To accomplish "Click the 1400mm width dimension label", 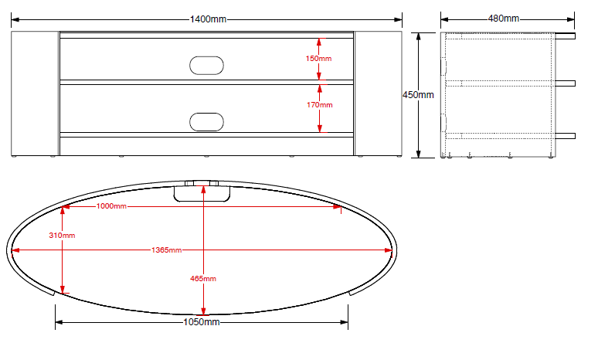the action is point(209,19).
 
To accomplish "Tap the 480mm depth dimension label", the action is point(504,19).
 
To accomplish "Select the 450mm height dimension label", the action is point(418,94).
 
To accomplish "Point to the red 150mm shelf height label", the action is point(318,59).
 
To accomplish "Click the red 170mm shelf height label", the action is point(320,104).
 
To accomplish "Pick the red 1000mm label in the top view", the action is point(111,206).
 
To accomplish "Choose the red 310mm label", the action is point(62,236).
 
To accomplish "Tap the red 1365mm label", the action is point(167,250).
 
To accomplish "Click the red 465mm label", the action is point(203,279).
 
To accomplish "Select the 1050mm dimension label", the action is point(202,322).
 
